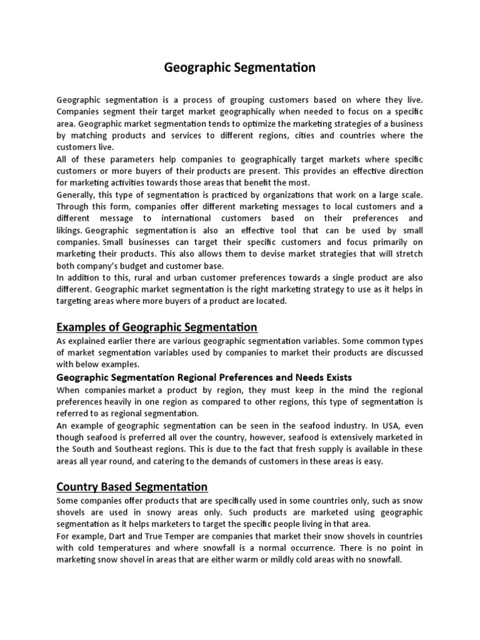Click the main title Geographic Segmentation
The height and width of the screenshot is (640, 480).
click(240, 67)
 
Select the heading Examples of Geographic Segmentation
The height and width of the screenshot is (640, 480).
click(157, 327)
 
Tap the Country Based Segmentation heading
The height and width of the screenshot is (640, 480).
click(132, 486)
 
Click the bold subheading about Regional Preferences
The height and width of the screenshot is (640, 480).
click(204, 377)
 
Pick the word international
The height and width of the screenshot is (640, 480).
click(191, 218)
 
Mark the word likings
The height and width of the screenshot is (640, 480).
click(69, 230)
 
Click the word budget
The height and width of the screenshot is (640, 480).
click(141, 266)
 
